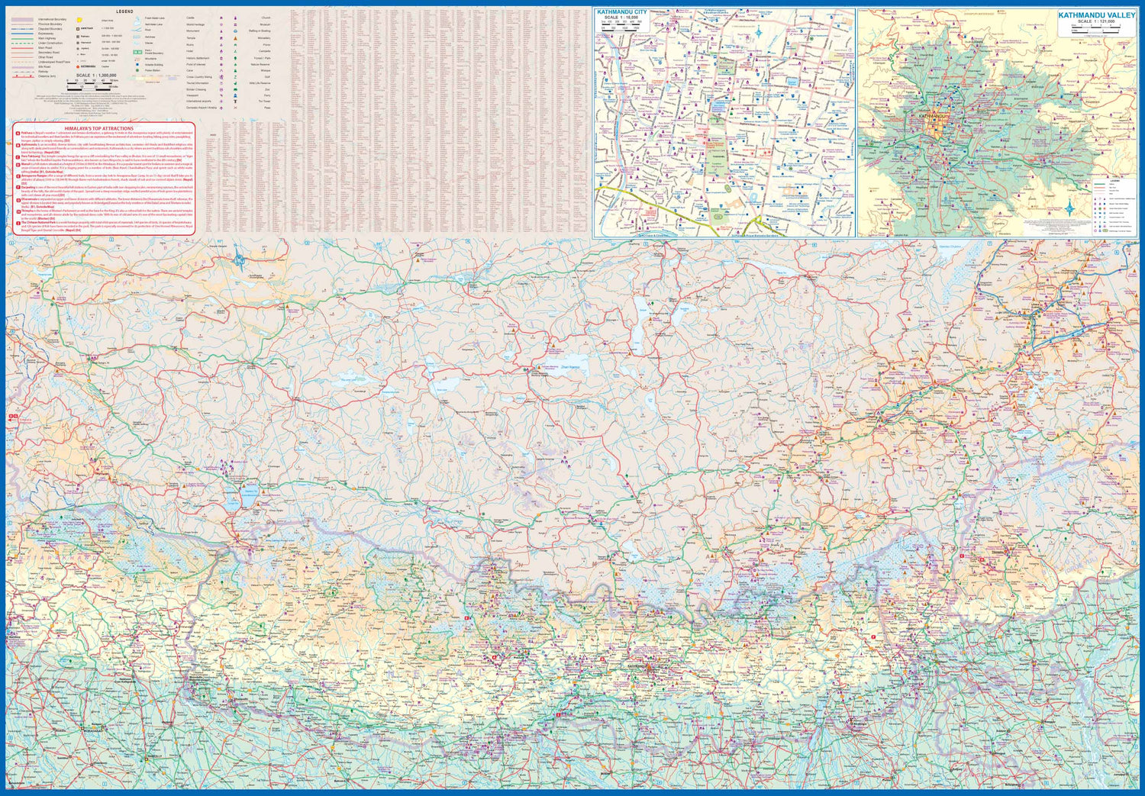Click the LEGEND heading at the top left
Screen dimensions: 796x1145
click(125, 11)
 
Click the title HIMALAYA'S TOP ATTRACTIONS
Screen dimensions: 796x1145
click(98, 128)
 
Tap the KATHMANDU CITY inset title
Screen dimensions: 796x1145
click(621, 12)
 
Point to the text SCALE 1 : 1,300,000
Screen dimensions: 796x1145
click(96, 76)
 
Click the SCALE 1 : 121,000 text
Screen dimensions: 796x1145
click(1095, 21)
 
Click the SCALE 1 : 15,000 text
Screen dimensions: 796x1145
click(621, 18)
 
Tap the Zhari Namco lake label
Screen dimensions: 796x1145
click(571, 368)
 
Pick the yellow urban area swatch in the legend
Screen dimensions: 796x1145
click(79, 18)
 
